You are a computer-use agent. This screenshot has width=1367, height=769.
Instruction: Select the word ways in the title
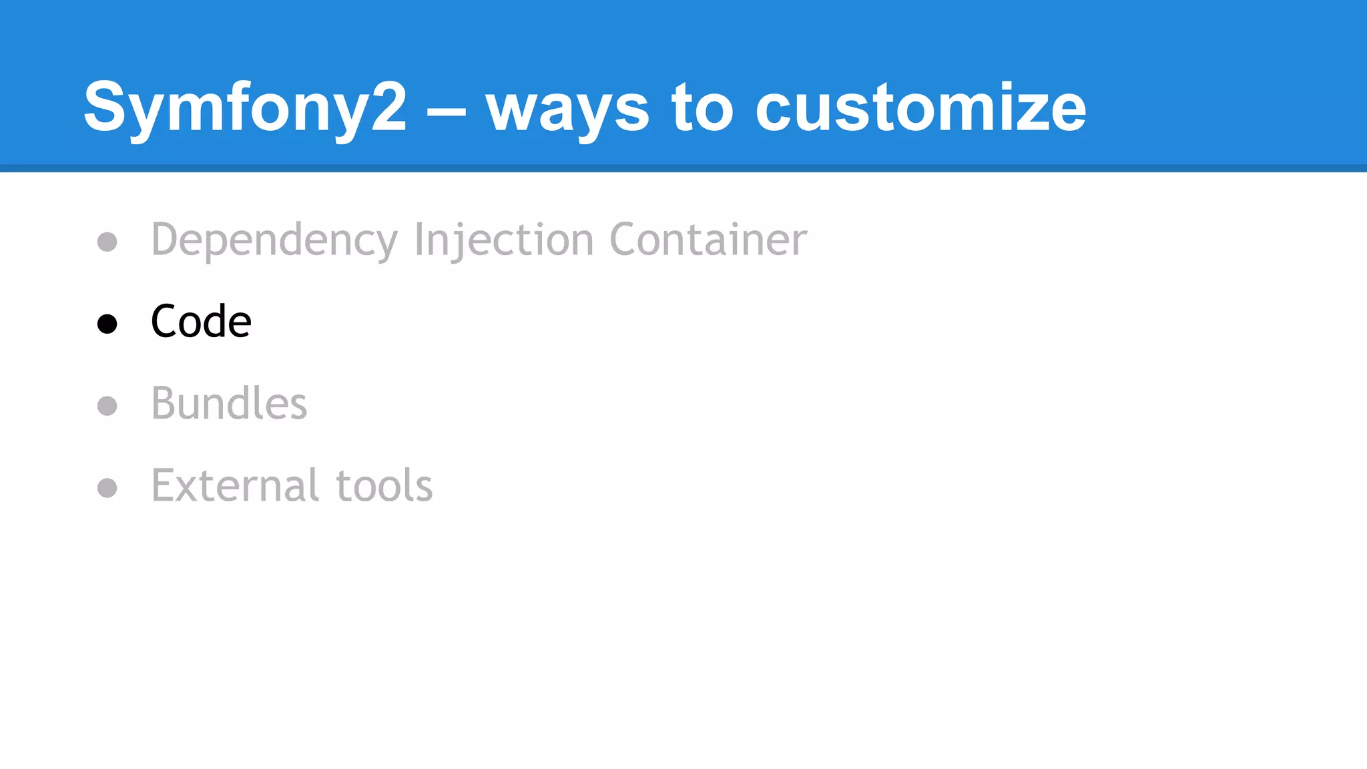pos(567,110)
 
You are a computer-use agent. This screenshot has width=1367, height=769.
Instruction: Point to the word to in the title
pos(702,107)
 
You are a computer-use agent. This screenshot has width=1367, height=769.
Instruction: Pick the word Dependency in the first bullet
pos(274,240)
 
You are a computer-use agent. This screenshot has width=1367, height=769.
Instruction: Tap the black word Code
pos(201,322)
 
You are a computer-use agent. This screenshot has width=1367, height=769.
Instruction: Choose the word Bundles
pos(229,404)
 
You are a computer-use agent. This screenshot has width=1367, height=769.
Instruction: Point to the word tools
pos(384,485)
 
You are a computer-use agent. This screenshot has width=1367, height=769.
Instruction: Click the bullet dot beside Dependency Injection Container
pos(107,241)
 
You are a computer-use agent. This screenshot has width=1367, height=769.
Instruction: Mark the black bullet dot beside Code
pos(107,324)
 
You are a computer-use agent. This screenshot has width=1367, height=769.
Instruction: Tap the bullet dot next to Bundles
pos(107,406)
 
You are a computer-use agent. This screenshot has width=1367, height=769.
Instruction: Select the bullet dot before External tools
pos(107,488)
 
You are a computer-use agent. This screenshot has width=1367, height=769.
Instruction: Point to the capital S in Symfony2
pos(105,107)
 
